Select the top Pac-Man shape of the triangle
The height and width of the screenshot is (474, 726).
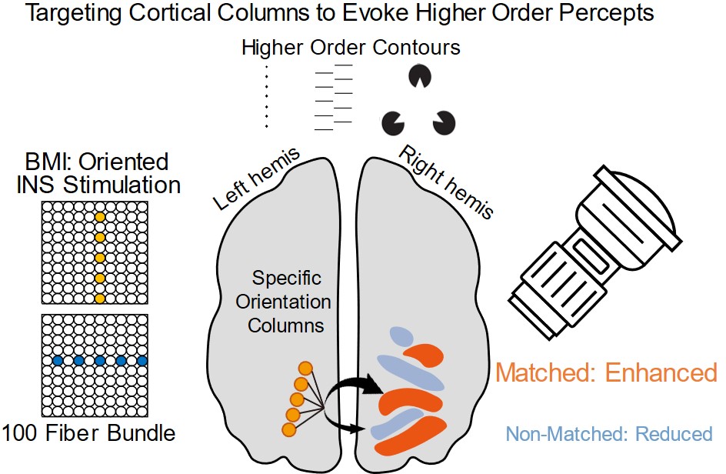point(420,75)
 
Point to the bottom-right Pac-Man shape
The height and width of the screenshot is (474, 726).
point(444,122)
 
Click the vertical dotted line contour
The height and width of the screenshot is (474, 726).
point(266,97)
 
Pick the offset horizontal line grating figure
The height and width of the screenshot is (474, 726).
point(335,97)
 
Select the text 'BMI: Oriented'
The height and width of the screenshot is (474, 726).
point(96,162)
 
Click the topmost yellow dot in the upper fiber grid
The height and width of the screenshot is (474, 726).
point(98,218)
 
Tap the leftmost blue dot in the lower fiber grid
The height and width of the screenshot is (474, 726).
point(57,360)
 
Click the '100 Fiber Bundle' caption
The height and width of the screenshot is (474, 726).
point(88,433)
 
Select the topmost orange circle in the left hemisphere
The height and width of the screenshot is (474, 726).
point(305,369)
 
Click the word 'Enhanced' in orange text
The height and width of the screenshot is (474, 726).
point(661,373)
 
